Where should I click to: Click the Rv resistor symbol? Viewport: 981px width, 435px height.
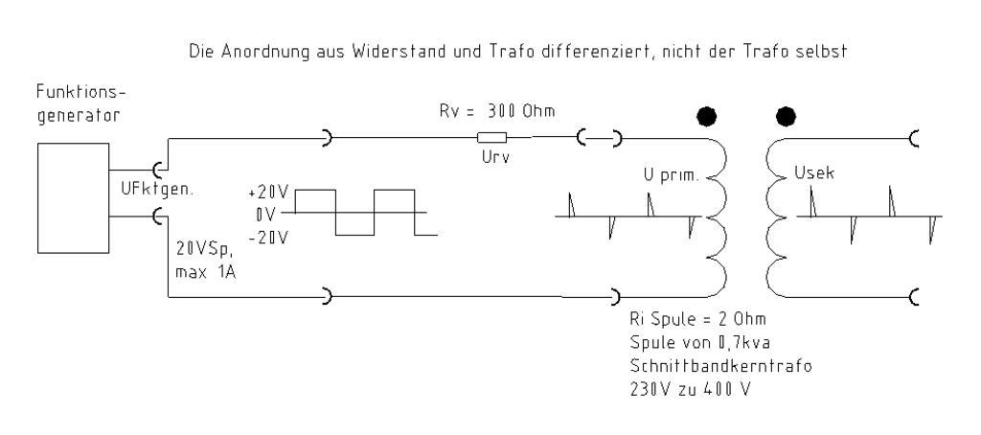(492, 139)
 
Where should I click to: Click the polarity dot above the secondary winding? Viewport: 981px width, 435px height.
(787, 117)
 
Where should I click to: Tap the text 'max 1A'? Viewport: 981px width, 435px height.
(204, 271)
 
